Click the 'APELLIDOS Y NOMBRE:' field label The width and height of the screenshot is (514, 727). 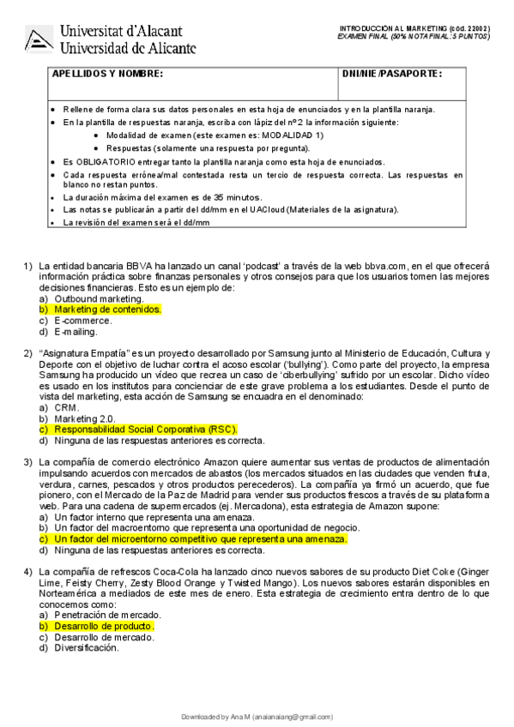pos(107,75)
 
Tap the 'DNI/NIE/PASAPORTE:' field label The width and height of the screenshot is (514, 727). pos(391,75)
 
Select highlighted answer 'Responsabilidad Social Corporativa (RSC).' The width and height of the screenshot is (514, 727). pos(146,430)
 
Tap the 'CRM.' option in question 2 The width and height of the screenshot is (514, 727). pos(66,408)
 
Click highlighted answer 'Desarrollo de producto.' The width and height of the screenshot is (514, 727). pos(105,627)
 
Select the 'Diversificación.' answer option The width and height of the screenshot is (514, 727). pos(86,648)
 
